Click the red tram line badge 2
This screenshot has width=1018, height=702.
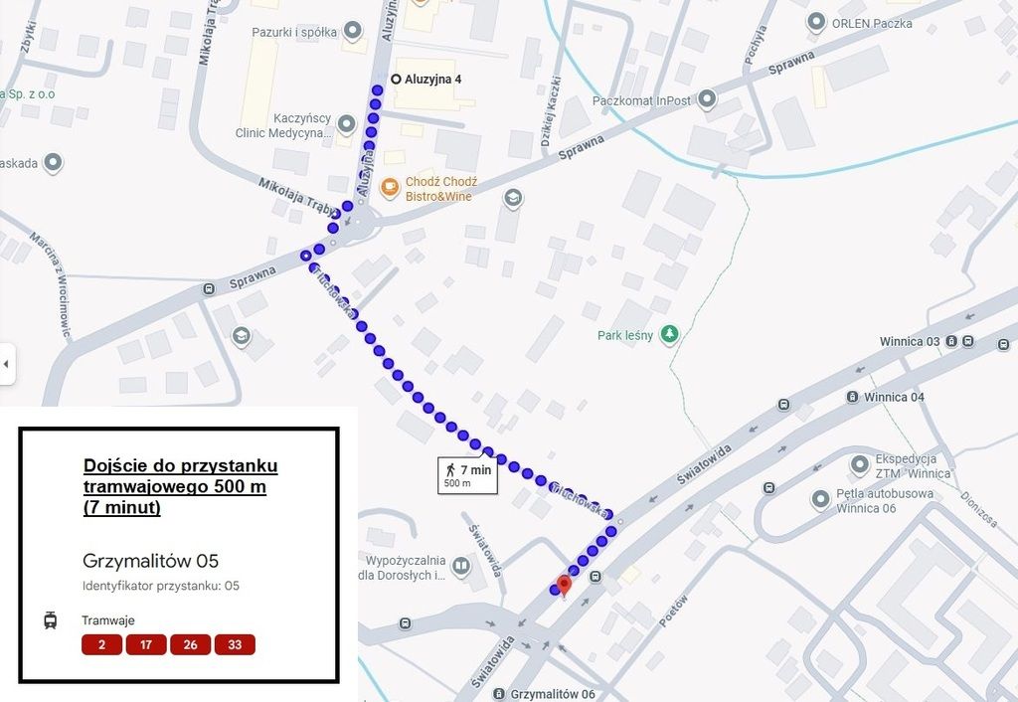pos(101,645)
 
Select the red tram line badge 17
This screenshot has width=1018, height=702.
pos(146,645)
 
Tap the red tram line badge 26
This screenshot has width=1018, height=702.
pos(190,645)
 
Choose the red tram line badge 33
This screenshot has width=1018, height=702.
pos(235,645)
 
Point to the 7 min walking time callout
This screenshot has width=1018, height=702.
pos(467,475)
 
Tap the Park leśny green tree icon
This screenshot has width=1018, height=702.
pos(670,334)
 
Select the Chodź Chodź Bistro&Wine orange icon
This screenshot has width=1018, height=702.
pos(390,184)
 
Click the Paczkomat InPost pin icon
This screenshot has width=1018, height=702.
pos(707,99)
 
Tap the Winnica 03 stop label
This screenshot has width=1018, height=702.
pos(909,342)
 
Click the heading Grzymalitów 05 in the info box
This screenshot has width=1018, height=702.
pos(150,561)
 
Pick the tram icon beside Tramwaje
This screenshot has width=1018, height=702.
pos(51,620)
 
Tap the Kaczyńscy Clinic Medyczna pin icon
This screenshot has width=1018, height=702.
pos(346,124)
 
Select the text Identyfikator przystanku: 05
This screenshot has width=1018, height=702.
pos(161,586)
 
